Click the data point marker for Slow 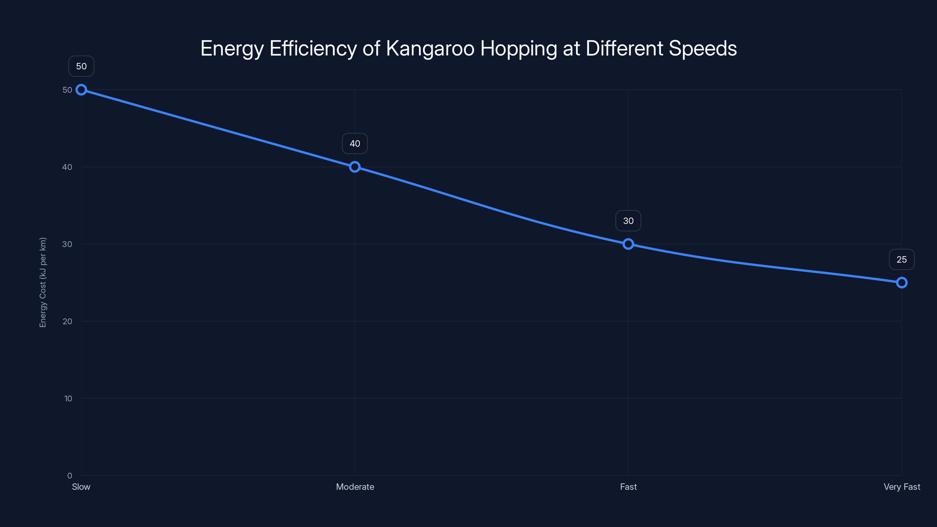(81, 90)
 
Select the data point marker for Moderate (355, 167)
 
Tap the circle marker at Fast (628, 244)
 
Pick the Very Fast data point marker (902, 283)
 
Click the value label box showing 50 (81, 66)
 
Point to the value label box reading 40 (355, 144)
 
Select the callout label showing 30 (628, 221)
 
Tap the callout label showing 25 (902, 259)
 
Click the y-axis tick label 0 (69, 475)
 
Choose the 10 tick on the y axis (68, 398)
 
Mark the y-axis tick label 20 (67, 321)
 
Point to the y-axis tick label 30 (67, 244)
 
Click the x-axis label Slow (81, 487)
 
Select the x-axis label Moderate (355, 487)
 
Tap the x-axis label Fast (628, 487)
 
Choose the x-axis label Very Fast (902, 487)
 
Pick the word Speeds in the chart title (703, 48)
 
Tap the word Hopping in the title (518, 48)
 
